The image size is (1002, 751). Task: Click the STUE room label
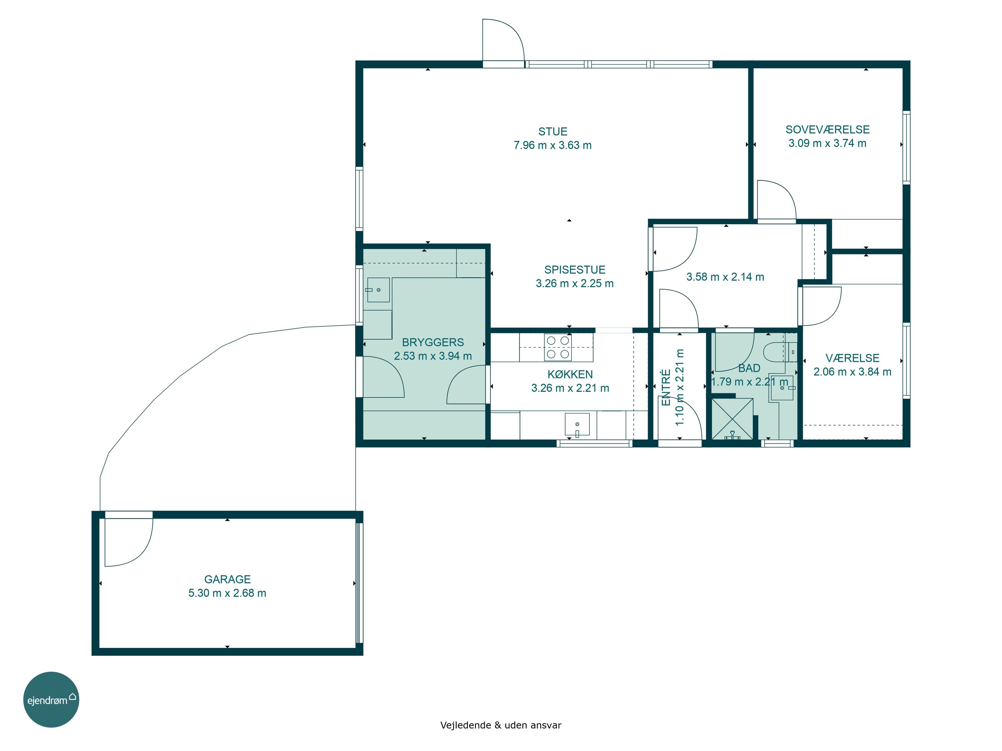tap(553, 132)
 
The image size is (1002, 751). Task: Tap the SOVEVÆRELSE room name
tap(828, 130)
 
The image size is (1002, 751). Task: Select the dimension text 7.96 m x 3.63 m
tap(553, 145)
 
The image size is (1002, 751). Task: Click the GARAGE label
tap(227, 579)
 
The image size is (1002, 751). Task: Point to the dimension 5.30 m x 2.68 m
tap(227, 593)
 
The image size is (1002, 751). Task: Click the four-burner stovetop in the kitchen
tap(558, 347)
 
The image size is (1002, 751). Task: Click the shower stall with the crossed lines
tap(732, 419)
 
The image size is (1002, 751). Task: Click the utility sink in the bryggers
tap(378, 290)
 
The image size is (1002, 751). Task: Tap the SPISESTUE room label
tap(575, 270)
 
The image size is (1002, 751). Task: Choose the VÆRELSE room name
tap(852, 358)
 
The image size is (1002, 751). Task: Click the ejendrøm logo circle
tap(51, 699)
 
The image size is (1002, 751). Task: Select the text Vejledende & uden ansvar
tap(501, 725)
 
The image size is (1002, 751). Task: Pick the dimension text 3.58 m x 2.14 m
tap(725, 277)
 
